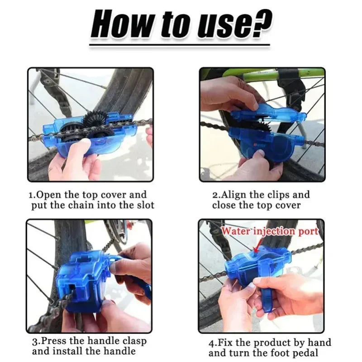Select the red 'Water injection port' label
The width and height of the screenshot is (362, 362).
[270, 231]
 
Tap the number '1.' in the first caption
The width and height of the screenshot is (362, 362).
[32, 195]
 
